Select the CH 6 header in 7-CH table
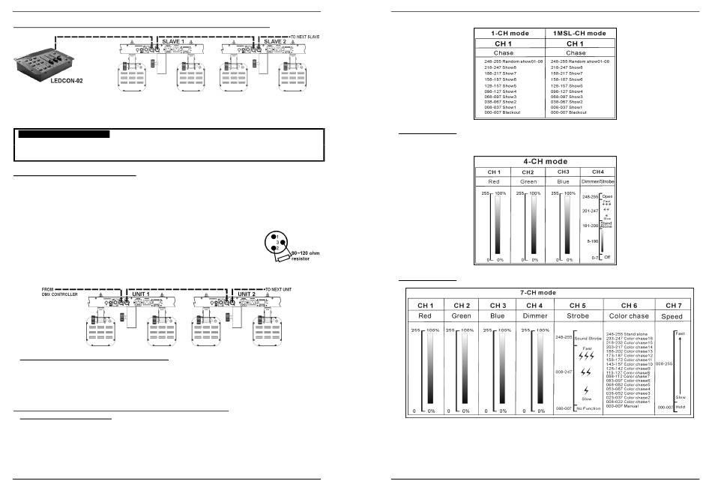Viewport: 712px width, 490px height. [627, 305]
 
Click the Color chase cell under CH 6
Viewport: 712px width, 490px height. [627, 316]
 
